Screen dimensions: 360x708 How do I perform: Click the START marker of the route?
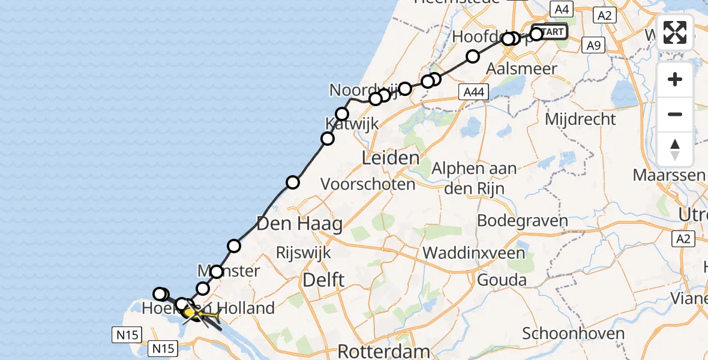550,31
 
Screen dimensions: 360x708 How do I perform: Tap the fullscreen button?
675,32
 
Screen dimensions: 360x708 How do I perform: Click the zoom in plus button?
675,79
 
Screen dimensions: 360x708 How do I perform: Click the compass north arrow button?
675,149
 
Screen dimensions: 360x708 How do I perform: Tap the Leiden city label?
390,159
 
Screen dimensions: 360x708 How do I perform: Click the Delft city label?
323,279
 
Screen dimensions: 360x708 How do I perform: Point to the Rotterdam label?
384,351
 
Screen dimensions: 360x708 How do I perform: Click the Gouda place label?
502,280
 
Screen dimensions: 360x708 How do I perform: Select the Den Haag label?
299,225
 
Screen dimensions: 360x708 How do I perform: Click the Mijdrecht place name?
580,119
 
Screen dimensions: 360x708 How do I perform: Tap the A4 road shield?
562,9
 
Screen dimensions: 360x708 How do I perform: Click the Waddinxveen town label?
474,253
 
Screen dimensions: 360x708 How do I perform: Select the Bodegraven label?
522,221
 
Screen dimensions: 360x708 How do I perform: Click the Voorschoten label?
368,184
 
